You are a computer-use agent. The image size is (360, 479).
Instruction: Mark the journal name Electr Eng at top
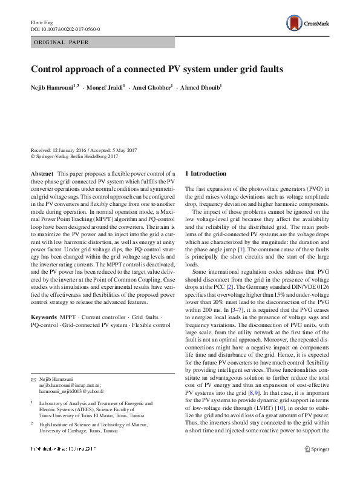click(42, 22)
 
